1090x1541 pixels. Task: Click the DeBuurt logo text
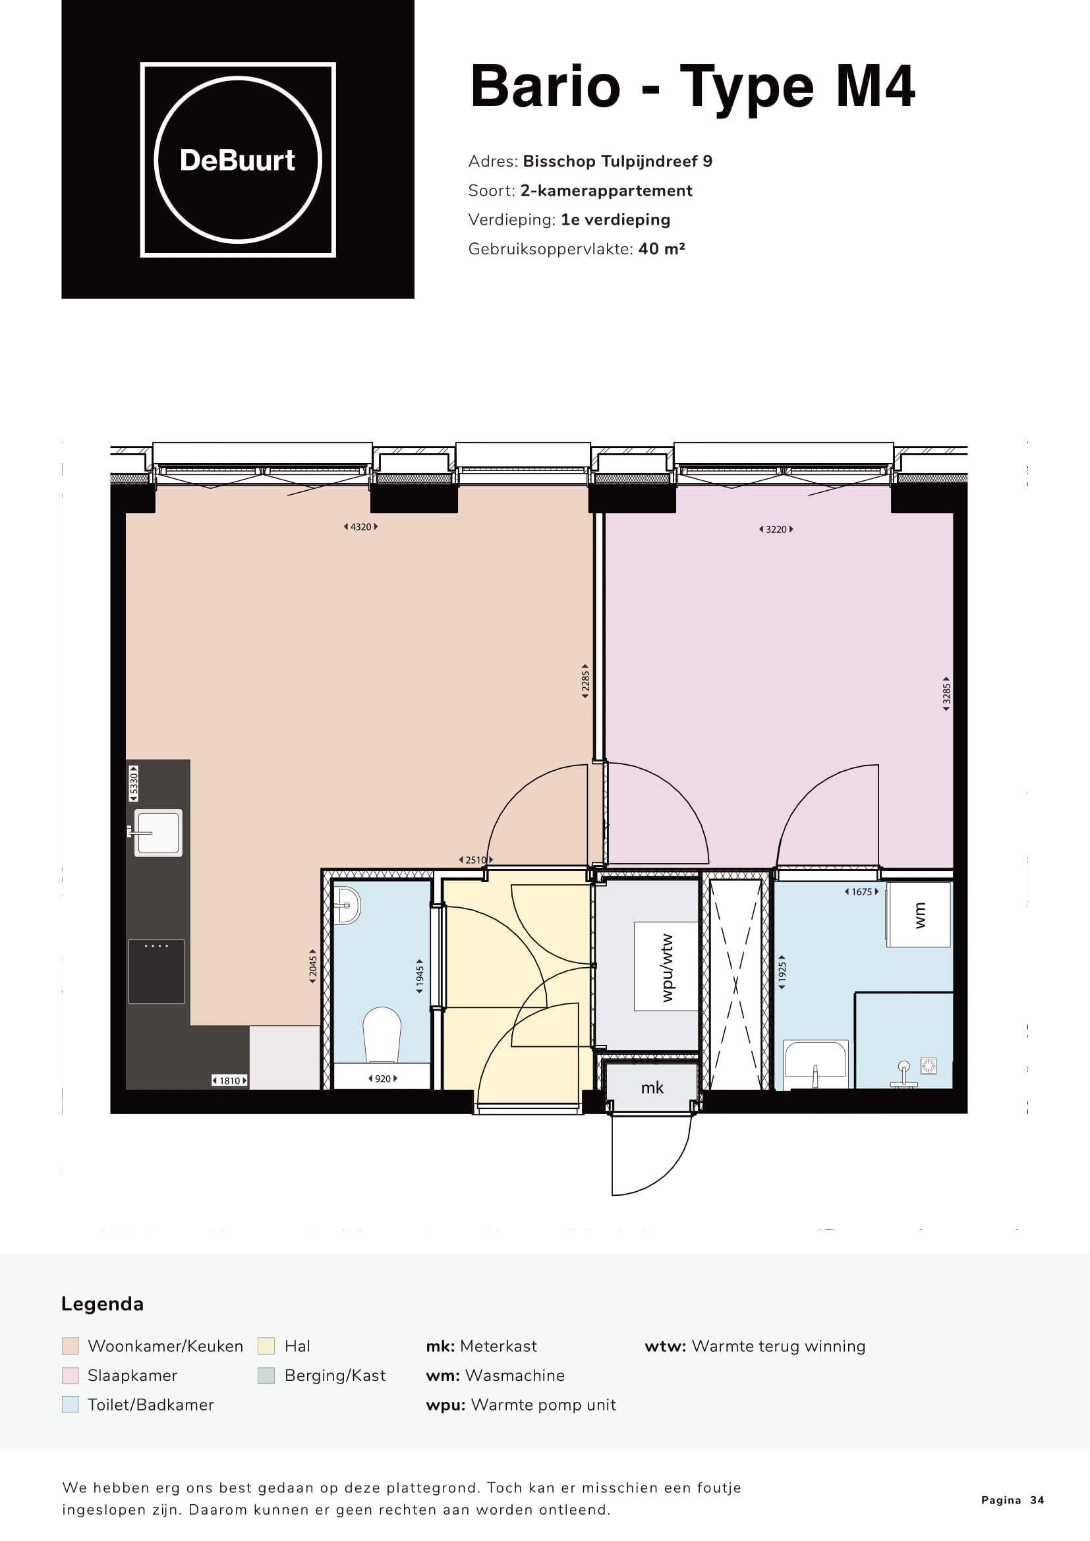tap(238, 160)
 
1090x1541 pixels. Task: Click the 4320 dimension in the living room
tap(361, 527)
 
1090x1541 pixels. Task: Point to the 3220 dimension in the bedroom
tap(776, 530)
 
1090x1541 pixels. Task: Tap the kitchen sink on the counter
tap(158, 833)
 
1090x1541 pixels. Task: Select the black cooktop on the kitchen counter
tap(156, 972)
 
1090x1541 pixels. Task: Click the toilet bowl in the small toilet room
tap(382, 1034)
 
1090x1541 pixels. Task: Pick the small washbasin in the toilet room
tap(347, 905)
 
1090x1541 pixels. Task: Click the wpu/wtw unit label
tap(667, 967)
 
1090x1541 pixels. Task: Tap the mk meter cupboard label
tap(652, 1087)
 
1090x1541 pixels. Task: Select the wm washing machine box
tap(918, 914)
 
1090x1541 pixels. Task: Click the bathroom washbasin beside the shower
tap(816, 1065)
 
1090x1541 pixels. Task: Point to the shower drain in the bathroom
tap(929, 1065)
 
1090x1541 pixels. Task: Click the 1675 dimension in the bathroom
tap(862, 892)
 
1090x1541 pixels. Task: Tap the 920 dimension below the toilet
tap(383, 1079)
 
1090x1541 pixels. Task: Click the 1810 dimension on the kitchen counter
tap(229, 1080)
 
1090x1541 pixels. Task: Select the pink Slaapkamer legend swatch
tap(70, 1375)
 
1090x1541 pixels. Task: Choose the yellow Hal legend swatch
tap(266, 1346)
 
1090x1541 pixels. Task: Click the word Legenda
tap(102, 1304)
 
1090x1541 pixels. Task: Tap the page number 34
tap(1038, 1500)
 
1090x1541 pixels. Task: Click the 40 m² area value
tap(662, 248)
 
